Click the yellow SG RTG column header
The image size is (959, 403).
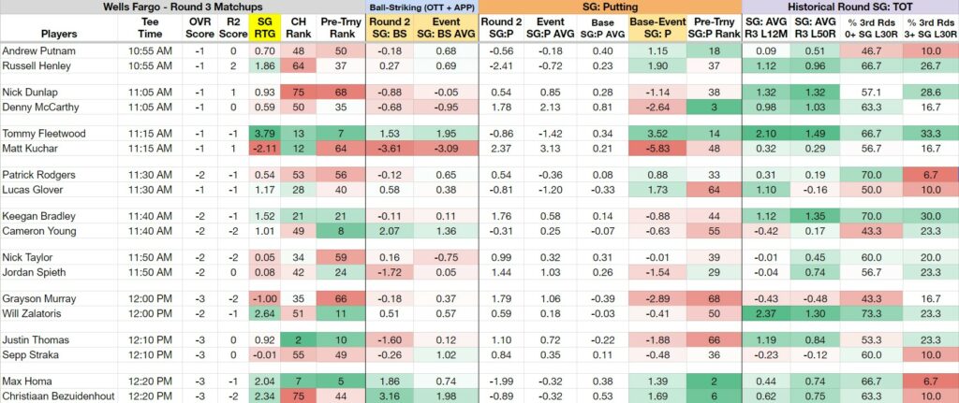coord(266,27)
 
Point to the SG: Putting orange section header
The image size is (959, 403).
coord(611,7)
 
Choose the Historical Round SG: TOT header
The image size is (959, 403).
coord(850,7)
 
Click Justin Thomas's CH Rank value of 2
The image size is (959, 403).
coord(300,339)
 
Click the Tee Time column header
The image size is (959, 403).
coord(150,27)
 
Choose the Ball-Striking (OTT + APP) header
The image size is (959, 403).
coord(422,7)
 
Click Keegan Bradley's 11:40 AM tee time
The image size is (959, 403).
coord(150,216)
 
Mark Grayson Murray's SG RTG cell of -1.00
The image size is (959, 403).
coord(266,298)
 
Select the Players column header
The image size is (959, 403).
coord(59,33)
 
